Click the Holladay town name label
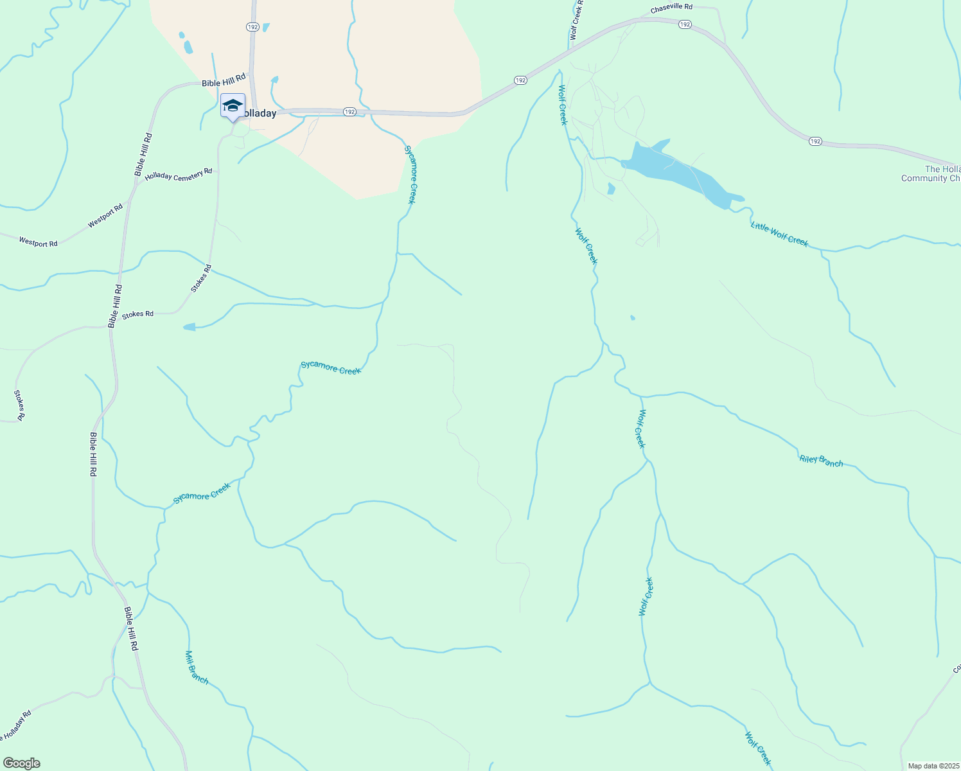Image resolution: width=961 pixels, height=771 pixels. [258, 114]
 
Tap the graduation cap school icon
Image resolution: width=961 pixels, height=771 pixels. [233, 106]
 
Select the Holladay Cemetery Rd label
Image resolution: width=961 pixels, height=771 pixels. [179, 174]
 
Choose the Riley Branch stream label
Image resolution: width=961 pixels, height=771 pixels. [821, 461]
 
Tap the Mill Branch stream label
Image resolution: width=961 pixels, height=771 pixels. [197, 667]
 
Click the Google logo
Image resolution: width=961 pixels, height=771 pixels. [22, 763]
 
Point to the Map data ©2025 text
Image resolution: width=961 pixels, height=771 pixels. [932, 766]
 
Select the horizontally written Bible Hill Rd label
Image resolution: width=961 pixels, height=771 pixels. [224, 80]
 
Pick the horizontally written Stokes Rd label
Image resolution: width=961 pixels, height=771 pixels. [138, 314]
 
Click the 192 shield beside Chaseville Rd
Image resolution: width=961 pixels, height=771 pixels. [685, 24]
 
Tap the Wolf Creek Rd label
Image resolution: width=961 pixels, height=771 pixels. [576, 21]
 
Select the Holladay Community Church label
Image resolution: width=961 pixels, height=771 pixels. [931, 174]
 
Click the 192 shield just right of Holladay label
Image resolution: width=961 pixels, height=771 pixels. [349, 112]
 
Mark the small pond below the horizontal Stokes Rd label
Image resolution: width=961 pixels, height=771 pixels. [190, 327]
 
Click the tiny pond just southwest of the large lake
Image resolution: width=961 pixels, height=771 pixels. [611, 188]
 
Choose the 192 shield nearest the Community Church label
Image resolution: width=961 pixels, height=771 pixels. [815, 141]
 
